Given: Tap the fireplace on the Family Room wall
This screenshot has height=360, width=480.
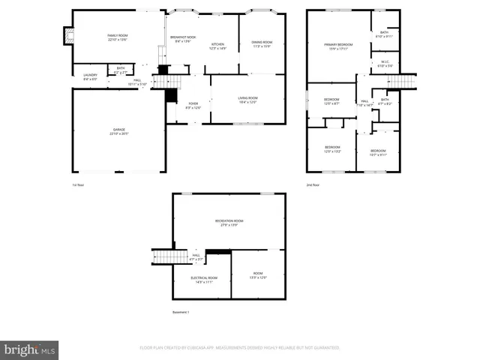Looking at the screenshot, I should (x=69, y=36).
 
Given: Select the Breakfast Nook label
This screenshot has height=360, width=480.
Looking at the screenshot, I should (x=182, y=38).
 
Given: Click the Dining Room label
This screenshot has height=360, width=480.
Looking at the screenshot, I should (x=262, y=43).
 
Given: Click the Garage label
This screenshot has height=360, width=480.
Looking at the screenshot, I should (x=118, y=131).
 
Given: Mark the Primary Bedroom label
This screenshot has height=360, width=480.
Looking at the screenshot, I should (x=338, y=46).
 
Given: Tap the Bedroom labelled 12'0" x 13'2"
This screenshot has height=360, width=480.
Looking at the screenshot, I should (x=332, y=148).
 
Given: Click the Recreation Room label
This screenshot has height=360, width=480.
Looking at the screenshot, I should (x=229, y=222).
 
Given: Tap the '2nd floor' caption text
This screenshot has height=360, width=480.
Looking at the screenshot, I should (x=313, y=184).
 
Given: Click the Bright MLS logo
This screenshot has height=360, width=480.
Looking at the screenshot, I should (x=30, y=349).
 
